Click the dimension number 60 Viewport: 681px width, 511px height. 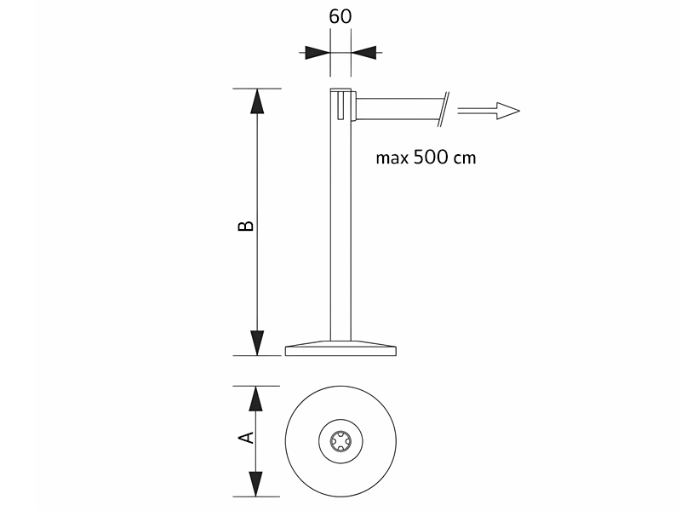pyautogui.click(x=340, y=16)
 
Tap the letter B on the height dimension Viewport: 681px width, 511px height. pyautogui.click(x=246, y=226)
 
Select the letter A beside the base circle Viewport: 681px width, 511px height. pyautogui.click(x=246, y=438)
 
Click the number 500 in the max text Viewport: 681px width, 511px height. pyautogui.click(x=430, y=157)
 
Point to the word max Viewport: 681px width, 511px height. pyautogui.click(x=392, y=158)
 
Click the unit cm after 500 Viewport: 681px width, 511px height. pyautogui.click(x=465, y=158)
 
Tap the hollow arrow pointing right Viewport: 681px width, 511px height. pyautogui.click(x=489, y=111)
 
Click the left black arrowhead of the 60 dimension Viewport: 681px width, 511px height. pyautogui.click(x=317, y=53)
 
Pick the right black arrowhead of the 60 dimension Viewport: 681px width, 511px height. pyautogui.click(x=363, y=53)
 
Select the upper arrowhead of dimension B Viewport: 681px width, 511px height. pyautogui.click(x=258, y=101)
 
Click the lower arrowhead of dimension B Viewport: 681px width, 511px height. pyautogui.click(x=258, y=343)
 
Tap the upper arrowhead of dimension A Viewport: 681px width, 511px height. pyautogui.click(x=256, y=399)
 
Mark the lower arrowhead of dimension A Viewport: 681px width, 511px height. pyautogui.click(x=256, y=484)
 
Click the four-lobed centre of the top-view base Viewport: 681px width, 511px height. pyautogui.click(x=340, y=441)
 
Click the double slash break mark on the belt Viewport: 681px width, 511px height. pyautogui.click(x=444, y=109)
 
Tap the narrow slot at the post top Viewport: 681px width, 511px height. pyautogui.click(x=340, y=104)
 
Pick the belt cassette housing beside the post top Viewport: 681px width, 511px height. pyautogui.click(x=354, y=106)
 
